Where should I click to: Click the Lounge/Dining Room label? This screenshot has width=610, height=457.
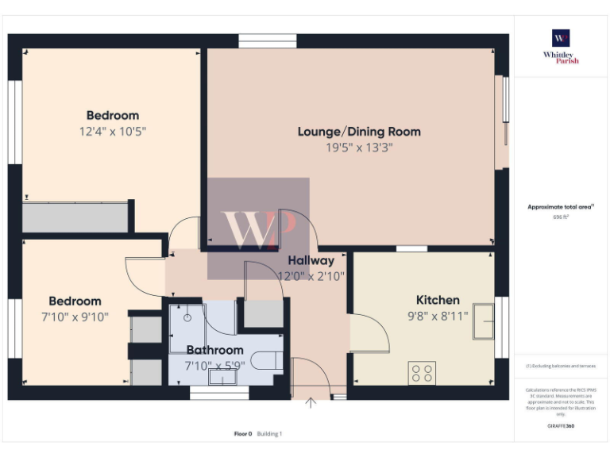click(359, 131)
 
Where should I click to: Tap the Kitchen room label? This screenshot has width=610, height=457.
click(438, 300)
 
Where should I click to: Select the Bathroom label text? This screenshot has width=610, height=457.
click(214, 350)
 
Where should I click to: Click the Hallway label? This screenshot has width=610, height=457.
click(311, 260)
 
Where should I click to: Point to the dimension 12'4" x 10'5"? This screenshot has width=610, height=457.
click(112, 131)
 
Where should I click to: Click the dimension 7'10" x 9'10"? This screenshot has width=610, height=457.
click(75, 317)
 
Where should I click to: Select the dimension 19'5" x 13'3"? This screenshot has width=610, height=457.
click(359, 148)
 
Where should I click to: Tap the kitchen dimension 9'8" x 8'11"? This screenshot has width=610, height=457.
click(438, 315)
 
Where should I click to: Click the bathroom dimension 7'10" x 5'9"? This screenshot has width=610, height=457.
click(214, 366)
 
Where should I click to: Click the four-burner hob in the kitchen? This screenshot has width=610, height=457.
click(421, 372)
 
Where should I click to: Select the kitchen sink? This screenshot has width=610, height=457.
click(483, 320)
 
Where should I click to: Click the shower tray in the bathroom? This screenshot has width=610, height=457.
click(186, 325)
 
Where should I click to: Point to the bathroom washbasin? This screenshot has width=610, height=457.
click(222, 378)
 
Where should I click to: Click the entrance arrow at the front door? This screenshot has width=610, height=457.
click(311, 403)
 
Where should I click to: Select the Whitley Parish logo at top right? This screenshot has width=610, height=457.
click(561, 46)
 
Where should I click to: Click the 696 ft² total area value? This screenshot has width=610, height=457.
click(561, 217)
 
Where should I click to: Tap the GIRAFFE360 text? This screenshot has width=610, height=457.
click(561, 426)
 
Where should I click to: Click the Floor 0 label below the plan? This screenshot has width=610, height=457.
click(242, 434)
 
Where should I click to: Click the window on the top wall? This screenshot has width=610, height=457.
click(268, 41)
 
